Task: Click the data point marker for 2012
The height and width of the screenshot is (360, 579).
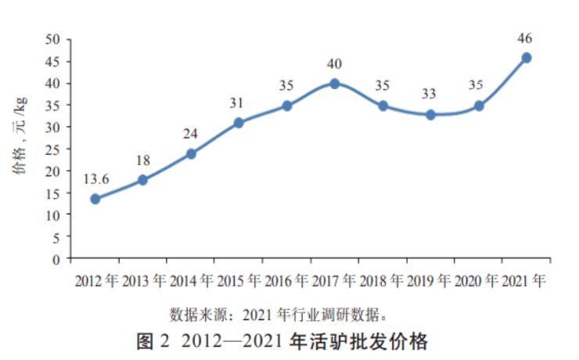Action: [x=95, y=199]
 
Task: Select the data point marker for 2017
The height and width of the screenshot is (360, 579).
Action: [x=335, y=84]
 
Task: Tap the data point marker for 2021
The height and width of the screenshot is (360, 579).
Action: [x=527, y=57]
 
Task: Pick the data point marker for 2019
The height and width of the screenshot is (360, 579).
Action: [x=430, y=114]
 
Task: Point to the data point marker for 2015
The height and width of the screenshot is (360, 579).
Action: [x=239, y=123]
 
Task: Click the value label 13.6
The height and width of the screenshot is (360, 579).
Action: [x=95, y=179]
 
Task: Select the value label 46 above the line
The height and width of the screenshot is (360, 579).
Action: [x=527, y=38]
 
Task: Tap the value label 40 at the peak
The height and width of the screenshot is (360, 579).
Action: [x=335, y=64]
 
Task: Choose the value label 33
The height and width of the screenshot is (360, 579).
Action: [x=430, y=95]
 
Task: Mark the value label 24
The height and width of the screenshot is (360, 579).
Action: [x=191, y=134]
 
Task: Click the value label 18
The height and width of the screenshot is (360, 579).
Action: [x=143, y=160]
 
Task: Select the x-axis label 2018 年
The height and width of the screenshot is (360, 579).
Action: [x=383, y=280]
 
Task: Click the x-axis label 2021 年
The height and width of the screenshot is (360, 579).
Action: [x=525, y=280]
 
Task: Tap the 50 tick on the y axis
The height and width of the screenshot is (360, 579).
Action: [x=54, y=40]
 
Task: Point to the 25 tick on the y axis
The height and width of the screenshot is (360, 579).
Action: [x=54, y=149]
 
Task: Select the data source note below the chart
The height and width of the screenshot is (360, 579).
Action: [x=279, y=315]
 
